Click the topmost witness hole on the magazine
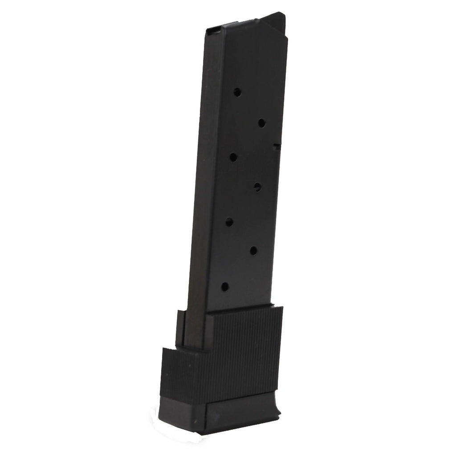tap(237, 92)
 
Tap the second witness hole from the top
tap(262, 123)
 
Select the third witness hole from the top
tap(233, 157)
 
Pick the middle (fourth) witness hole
tap(257, 187)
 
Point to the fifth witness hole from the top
tap(229, 222)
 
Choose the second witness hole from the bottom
tap(253, 251)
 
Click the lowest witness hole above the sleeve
tap(225, 287)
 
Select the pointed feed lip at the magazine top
tap(276, 19)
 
